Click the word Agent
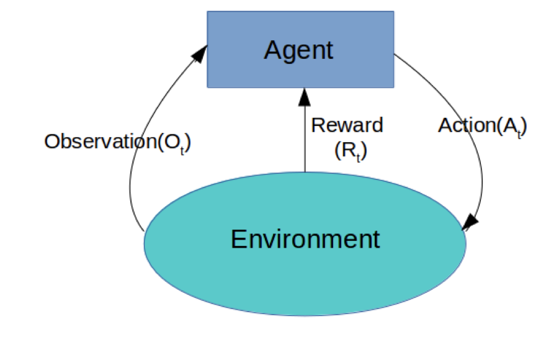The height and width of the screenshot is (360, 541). (x=298, y=50)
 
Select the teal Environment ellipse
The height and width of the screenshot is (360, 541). (x=205, y=273)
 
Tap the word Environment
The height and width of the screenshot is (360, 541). (x=305, y=238)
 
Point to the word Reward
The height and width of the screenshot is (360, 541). (x=347, y=125)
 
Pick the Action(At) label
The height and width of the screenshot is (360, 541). (x=482, y=125)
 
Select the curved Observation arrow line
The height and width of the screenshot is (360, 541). (x=132, y=186)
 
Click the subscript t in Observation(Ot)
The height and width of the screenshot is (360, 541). (x=182, y=150)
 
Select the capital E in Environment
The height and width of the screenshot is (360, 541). (x=238, y=238)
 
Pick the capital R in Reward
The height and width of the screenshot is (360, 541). (x=318, y=125)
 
